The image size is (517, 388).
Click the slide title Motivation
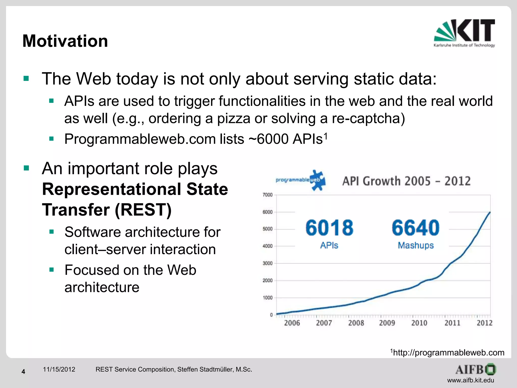[x=65, y=41]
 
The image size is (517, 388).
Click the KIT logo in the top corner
[x=464, y=33]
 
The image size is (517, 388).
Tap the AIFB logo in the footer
[x=476, y=370]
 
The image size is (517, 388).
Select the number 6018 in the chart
[x=329, y=228]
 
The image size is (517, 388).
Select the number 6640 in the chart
[x=416, y=228]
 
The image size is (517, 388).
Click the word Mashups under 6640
[x=416, y=245]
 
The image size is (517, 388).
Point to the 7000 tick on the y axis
[x=268, y=195]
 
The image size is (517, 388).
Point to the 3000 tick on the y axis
[x=268, y=263]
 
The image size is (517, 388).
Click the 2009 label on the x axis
[x=387, y=323]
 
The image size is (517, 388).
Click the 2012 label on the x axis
[x=484, y=323]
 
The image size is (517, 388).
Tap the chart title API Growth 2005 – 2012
[x=406, y=181]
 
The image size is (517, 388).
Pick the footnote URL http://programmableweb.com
[x=449, y=352]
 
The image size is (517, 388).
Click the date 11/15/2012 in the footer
[x=59, y=369]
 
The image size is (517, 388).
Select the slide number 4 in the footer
[x=23, y=372]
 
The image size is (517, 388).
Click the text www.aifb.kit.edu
[x=471, y=380]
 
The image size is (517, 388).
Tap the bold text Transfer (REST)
[x=107, y=210]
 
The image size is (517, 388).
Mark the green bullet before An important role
[x=26, y=168]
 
